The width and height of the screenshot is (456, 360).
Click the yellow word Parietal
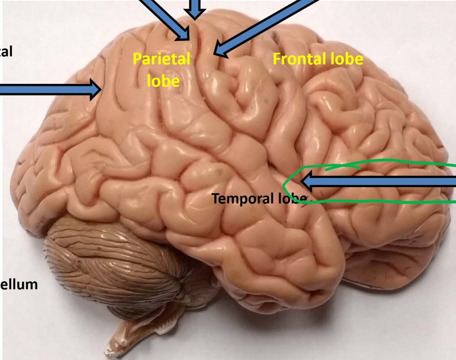coord(161,59)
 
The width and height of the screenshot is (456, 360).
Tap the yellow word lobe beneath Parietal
coord(163,81)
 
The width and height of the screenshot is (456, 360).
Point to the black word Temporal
coord(243,198)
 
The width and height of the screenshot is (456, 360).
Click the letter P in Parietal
coord(137,59)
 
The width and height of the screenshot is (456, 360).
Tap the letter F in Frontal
coord(276,59)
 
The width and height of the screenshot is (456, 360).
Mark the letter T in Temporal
coord(215,198)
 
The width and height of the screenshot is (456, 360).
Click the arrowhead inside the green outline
coord(306,181)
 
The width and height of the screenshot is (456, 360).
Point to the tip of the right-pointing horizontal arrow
coord(100,89)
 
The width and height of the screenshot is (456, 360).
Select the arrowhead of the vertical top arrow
coord(195,15)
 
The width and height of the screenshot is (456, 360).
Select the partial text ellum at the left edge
coord(19,284)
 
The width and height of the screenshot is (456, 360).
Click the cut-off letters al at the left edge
coord(6,51)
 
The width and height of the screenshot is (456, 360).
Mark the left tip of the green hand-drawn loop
coord(284,186)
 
